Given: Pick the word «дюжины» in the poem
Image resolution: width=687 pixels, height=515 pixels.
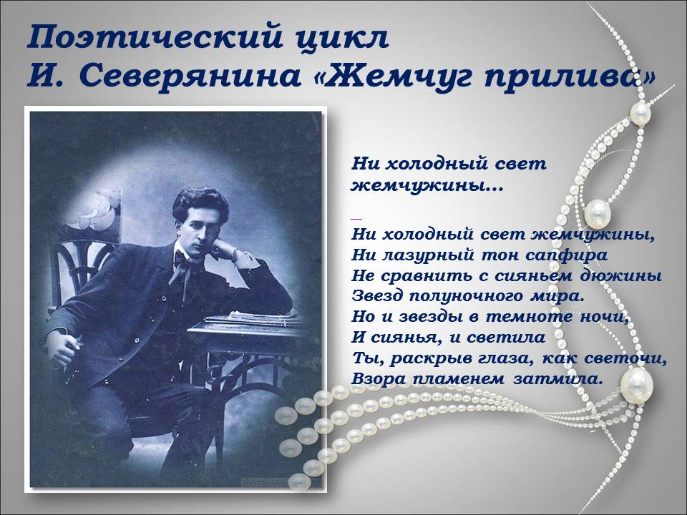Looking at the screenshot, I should coord(629,275).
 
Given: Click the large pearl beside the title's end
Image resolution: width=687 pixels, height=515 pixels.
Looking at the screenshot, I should coord(639,113).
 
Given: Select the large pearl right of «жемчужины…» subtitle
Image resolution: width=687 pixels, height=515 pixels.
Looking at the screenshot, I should coord(597,212).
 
